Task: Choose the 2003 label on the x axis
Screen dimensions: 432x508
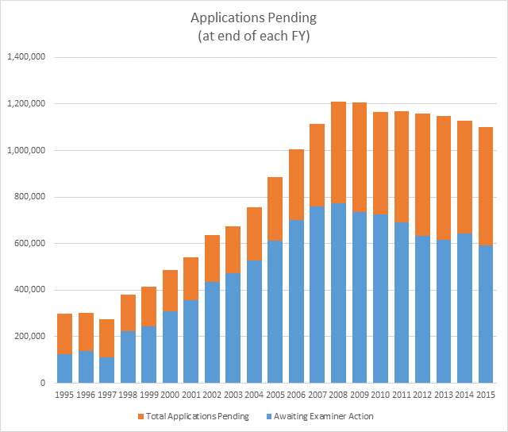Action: (x=233, y=395)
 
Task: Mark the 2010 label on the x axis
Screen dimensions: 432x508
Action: (x=379, y=395)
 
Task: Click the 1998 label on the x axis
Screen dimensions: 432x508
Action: (x=128, y=395)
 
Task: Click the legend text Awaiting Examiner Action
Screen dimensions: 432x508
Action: (x=329, y=416)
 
